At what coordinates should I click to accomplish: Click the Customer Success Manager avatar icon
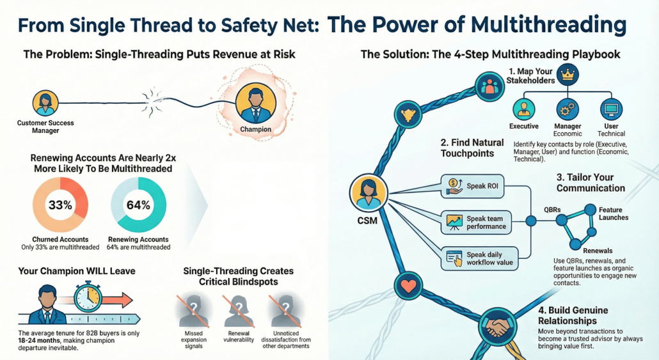click(45, 103)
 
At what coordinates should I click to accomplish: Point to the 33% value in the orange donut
click(60, 206)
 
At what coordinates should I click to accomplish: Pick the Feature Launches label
click(613, 214)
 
